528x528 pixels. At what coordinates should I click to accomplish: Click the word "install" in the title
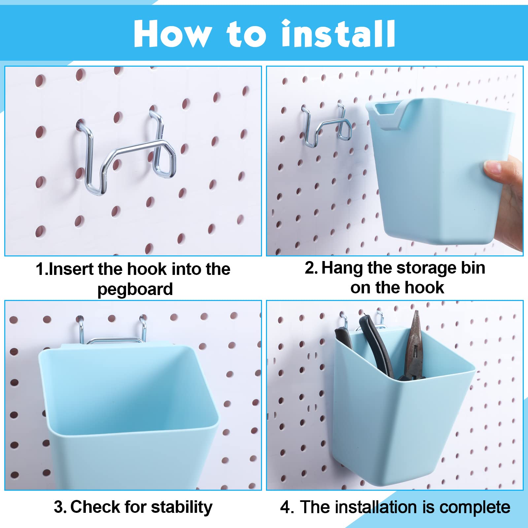338,34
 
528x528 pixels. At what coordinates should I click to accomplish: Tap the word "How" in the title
173,34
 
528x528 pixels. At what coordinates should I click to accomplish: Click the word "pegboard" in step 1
135,290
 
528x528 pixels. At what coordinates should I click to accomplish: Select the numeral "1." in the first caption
42,269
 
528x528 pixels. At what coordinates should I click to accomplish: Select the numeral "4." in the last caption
287,507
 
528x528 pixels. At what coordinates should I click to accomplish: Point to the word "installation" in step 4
381,507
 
